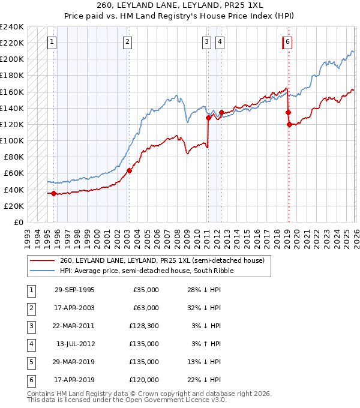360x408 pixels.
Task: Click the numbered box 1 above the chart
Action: (x=52, y=42)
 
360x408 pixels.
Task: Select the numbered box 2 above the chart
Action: (x=128, y=42)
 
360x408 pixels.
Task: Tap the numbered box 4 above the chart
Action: (x=220, y=42)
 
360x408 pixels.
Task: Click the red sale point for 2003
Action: (x=129, y=170)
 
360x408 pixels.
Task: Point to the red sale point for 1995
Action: (x=54, y=193)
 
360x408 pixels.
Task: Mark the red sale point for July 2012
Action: (x=221, y=112)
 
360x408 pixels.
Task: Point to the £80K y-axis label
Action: (x=14, y=157)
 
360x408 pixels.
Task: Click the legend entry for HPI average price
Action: (x=146, y=271)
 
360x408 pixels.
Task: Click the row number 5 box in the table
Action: (x=30, y=362)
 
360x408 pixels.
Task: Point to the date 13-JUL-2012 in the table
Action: (x=74, y=344)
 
